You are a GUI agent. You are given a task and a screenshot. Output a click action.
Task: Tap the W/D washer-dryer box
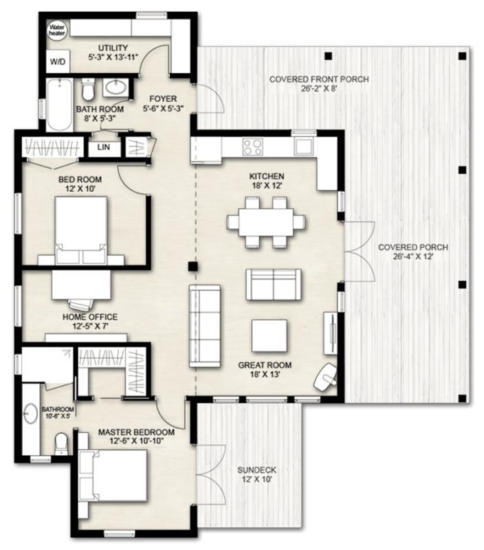pos(56,62)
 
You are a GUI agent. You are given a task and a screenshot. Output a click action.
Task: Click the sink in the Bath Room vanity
pos(116,88)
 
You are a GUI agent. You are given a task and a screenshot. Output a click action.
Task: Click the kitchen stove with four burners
pos(252,146)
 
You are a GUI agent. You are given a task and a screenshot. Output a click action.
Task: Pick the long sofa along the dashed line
pos(205,327)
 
